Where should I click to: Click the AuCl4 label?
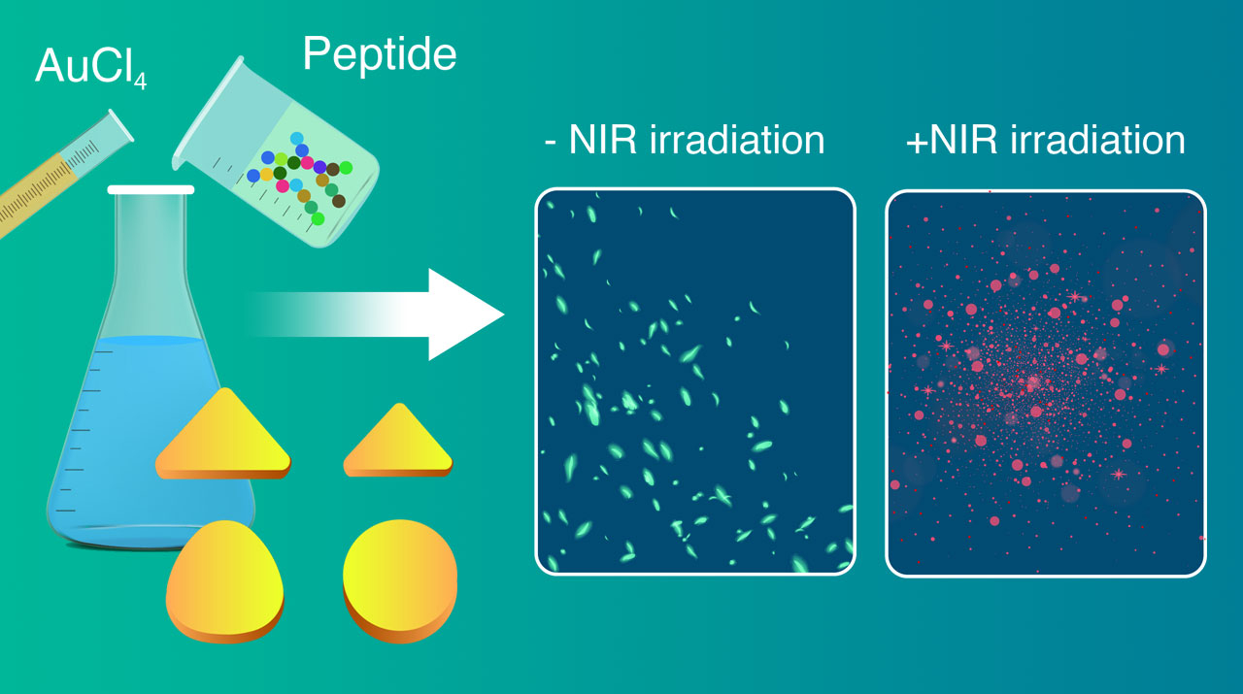click(90, 67)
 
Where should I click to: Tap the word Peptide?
click(379, 54)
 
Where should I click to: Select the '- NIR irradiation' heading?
click(684, 141)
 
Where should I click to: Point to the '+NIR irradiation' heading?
click(1045, 141)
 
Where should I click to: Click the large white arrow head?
click(466, 314)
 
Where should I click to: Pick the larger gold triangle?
click(223, 436)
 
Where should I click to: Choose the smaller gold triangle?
click(397, 442)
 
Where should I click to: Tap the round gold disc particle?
click(399, 578)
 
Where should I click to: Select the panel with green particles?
click(694, 381)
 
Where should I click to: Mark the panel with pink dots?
click(1045, 381)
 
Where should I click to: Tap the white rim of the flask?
click(146, 190)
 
